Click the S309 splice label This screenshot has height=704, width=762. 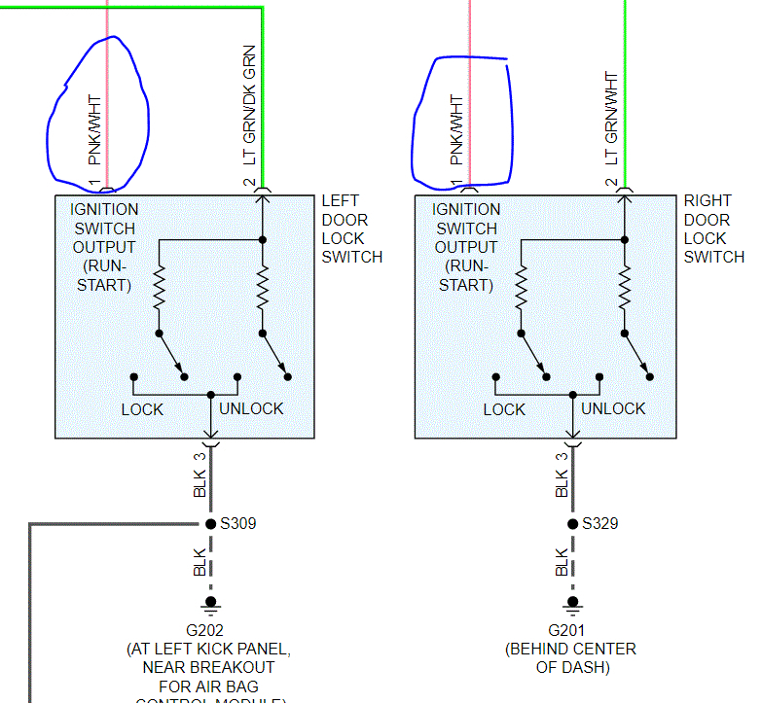click(x=237, y=524)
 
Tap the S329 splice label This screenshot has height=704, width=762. click(x=600, y=524)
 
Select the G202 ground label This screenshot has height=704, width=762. click(x=208, y=629)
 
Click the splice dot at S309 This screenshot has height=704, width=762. click(x=210, y=524)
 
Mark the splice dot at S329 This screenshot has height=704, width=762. click(x=572, y=524)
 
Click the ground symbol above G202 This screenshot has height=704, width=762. click(x=210, y=604)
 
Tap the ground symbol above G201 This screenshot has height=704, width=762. click(x=572, y=604)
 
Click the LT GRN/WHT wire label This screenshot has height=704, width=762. click(x=611, y=119)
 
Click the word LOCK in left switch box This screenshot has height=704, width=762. click(x=142, y=409)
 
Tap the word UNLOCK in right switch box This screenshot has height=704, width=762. click(x=613, y=409)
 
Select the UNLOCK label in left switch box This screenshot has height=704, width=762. click(x=251, y=409)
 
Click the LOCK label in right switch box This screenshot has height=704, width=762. click(x=504, y=409)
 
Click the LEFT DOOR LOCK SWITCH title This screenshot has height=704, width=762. click(x=352, y=229)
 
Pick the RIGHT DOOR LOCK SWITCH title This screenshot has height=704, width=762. click(x=713, y=229)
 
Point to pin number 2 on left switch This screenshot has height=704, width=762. click(x=249, y=183)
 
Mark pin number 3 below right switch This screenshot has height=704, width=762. click(x=562, y=455)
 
